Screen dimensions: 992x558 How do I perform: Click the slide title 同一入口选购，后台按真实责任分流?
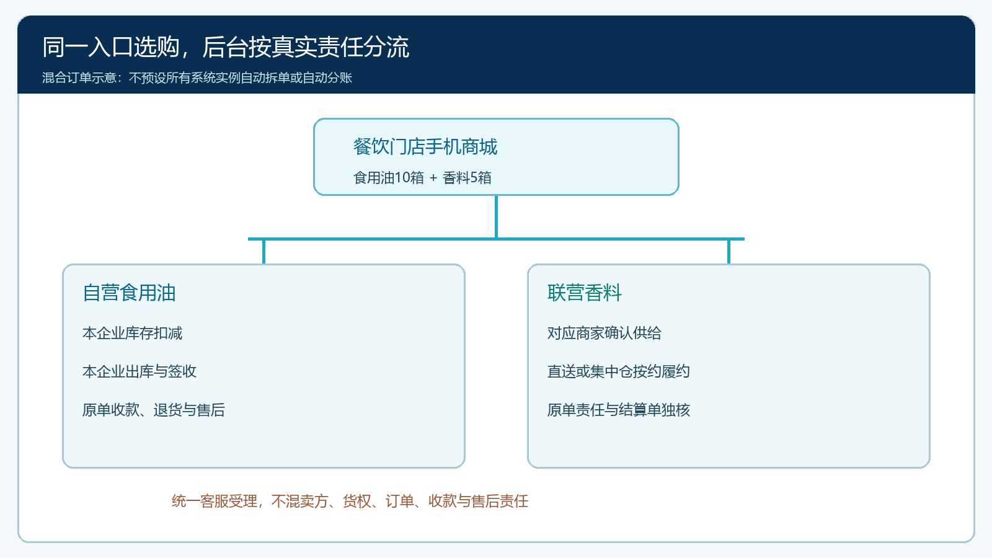click(226, 47)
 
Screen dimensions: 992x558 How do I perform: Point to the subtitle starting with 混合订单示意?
click(197, 78)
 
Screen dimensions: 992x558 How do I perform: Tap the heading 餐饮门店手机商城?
click(425, 146)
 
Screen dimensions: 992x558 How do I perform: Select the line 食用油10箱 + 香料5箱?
click(422, 177)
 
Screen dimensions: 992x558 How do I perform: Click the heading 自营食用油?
click(129, 293)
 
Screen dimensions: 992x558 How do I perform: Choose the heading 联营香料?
click(585, 293)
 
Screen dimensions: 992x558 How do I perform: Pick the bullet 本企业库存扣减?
click(133, 333)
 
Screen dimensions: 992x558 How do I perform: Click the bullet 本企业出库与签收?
click(139, 371)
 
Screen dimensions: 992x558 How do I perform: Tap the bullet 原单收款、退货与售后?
click(154, 410)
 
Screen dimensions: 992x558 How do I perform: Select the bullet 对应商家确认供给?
click(604, 333)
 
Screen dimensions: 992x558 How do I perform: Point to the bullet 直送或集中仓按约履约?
click(619, 371)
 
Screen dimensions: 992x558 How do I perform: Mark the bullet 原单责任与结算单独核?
click(619, 410)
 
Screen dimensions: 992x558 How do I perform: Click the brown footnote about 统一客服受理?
click(350, 501)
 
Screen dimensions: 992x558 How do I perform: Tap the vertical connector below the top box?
click(496, 216)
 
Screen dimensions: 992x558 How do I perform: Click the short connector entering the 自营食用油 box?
click(263, 252)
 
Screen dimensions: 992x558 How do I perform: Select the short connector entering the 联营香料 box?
click(728, 252)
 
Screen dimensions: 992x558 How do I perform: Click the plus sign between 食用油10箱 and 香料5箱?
click(433, 178)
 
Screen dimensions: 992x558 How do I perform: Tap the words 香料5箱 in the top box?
click(467, 177)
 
